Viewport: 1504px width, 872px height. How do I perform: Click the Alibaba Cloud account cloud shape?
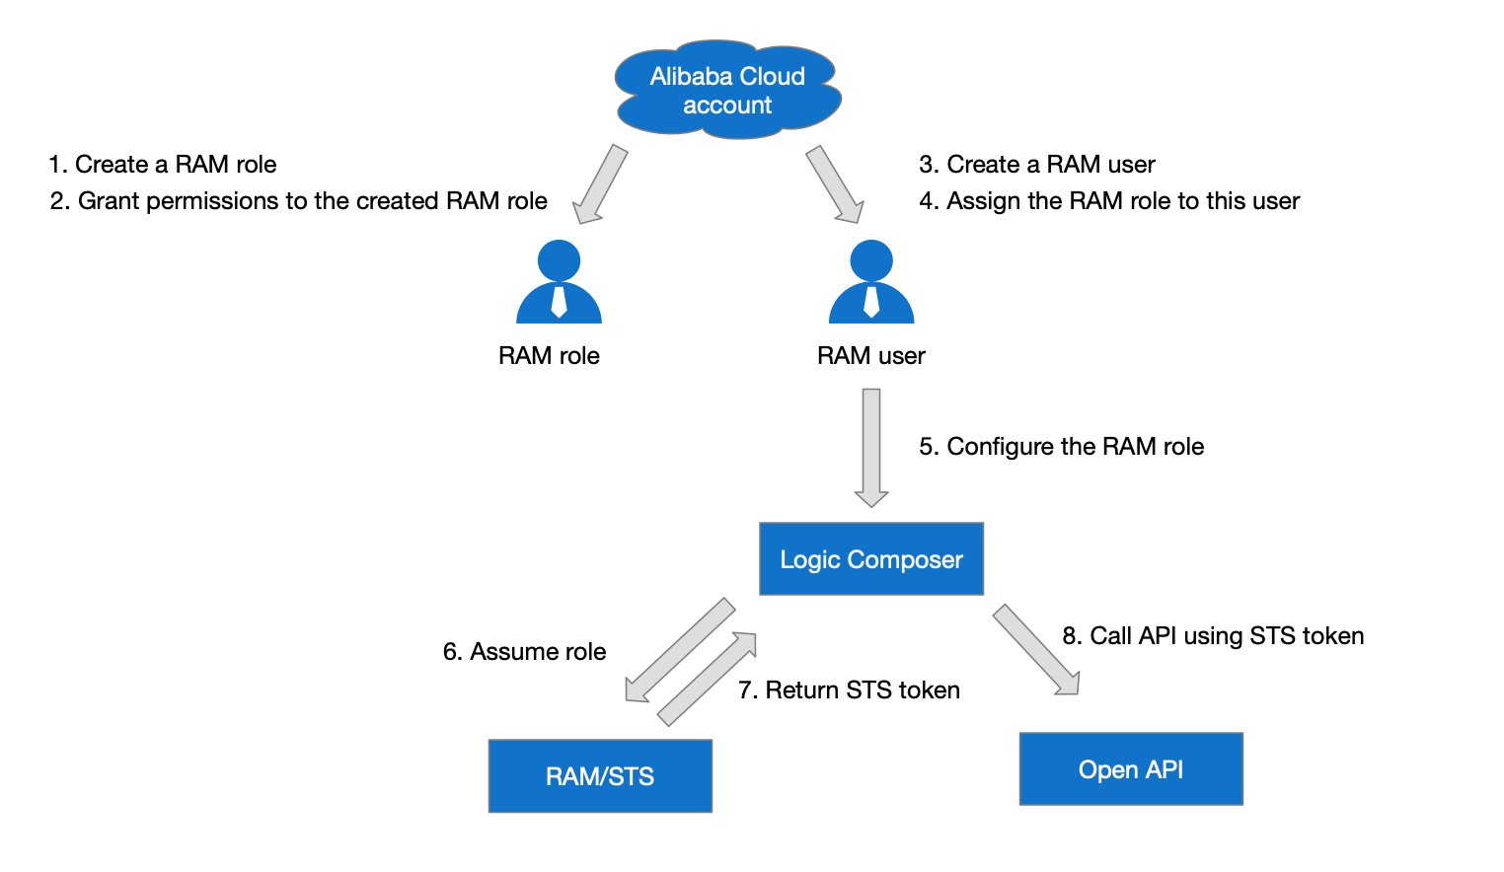(x=728, y=90)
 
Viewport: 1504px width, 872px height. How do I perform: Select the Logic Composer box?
(x=870, y=558)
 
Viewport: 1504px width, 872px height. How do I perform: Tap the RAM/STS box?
(x=600, y=776)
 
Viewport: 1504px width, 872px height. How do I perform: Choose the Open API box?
(x=1131, y=768)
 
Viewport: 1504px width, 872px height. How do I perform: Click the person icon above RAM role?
(x=559, y=281)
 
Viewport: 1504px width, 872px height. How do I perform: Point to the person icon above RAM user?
(x=871, y=281)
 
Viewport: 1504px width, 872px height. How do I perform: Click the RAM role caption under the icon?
(x=549, y=356)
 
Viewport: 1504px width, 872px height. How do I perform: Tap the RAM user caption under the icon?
(x=870, y=356)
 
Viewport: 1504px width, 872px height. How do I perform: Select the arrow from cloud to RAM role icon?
(x=600, y=183)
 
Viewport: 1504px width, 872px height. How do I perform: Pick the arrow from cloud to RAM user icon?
(x=835, y=183)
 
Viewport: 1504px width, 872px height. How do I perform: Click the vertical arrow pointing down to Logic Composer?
(x=871, y=448)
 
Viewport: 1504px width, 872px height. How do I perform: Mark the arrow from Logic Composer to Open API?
(x=1036, y=649)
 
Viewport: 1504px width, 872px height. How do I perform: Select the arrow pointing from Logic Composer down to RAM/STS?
(x=680, y=650)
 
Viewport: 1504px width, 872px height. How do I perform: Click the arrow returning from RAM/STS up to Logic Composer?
(x=707, y=679)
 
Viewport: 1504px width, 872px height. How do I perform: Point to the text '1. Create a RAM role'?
(x=163, y=165)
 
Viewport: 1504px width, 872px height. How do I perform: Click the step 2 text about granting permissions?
(x=299, y=201)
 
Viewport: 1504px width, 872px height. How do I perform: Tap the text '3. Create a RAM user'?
(x=1037, y=165)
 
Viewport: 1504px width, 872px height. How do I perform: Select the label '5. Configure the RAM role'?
(x=1062, y=447)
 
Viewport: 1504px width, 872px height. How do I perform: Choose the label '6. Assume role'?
(x=524, y=652)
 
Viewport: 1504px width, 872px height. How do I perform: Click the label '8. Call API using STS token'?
(x=1213, y=635)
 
